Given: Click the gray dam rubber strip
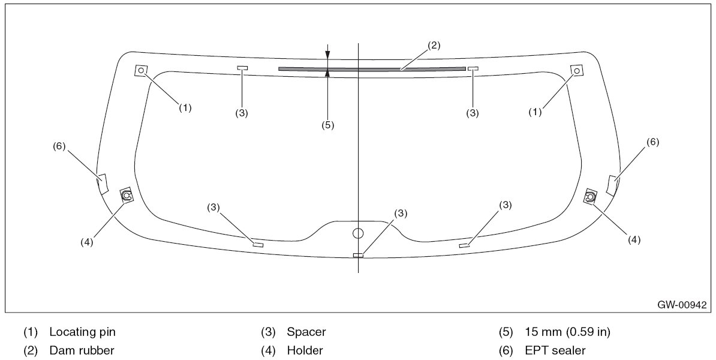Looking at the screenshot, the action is coord(372,68).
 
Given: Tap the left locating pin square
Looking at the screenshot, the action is coord(141,71).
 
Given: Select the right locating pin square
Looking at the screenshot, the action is coord(577,71).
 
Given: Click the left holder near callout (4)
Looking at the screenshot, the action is coord(127,194).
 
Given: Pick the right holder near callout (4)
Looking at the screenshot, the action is coord(591,196).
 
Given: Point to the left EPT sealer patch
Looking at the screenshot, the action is coord(103,183).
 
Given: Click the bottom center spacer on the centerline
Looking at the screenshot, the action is coord(358,256).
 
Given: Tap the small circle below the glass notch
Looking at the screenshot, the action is coord(358,233).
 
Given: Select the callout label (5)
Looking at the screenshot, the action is coord(327,125).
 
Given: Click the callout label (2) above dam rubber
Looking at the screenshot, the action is coord(434,45).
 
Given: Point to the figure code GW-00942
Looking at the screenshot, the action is coord(682,305).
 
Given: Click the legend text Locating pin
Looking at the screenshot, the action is coord(82,332).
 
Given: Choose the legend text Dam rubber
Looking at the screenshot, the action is coord(82,350).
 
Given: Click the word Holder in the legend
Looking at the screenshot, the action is coord(305,350).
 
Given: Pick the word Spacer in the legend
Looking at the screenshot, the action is coord(306,332).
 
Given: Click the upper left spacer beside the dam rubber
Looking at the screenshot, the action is coord(242,68).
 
